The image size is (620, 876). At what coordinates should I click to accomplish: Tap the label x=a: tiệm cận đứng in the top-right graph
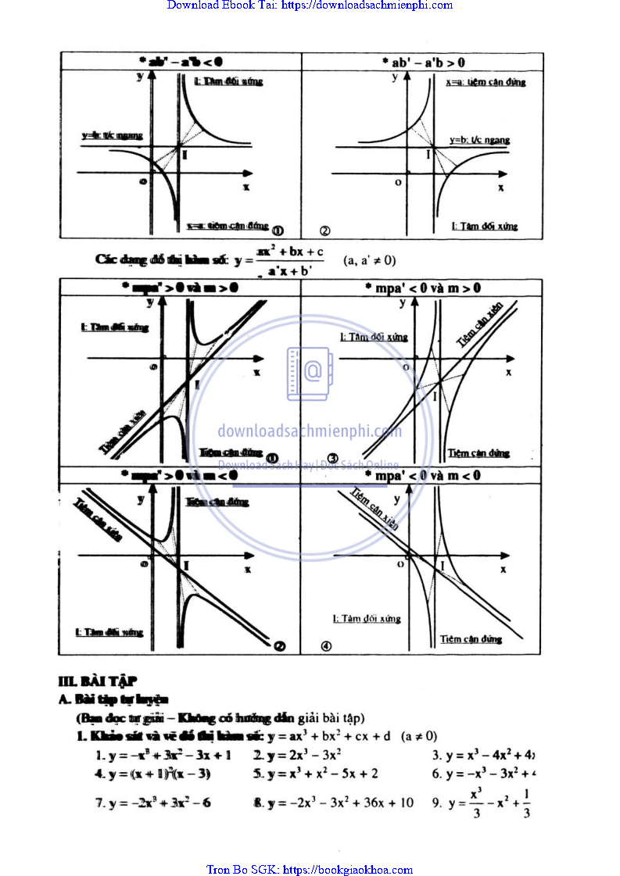pos(485,82)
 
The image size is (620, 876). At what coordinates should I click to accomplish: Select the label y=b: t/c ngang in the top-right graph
pos(479,140)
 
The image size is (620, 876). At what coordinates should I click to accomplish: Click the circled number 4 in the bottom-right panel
pos(326,646)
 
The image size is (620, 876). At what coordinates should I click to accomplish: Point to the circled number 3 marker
pos(332,459)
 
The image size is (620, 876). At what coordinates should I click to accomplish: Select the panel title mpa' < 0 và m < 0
pos(423,475)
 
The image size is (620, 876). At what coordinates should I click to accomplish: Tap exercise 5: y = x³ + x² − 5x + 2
pos(316,774)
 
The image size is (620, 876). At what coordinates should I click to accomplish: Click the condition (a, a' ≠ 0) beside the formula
pos(370,260)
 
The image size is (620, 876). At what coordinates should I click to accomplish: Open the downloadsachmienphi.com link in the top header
pos(367,5)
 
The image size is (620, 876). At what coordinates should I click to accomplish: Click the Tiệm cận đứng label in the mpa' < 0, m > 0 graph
pos(478,452)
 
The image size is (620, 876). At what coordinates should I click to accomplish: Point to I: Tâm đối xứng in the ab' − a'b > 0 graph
pos(485,227)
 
